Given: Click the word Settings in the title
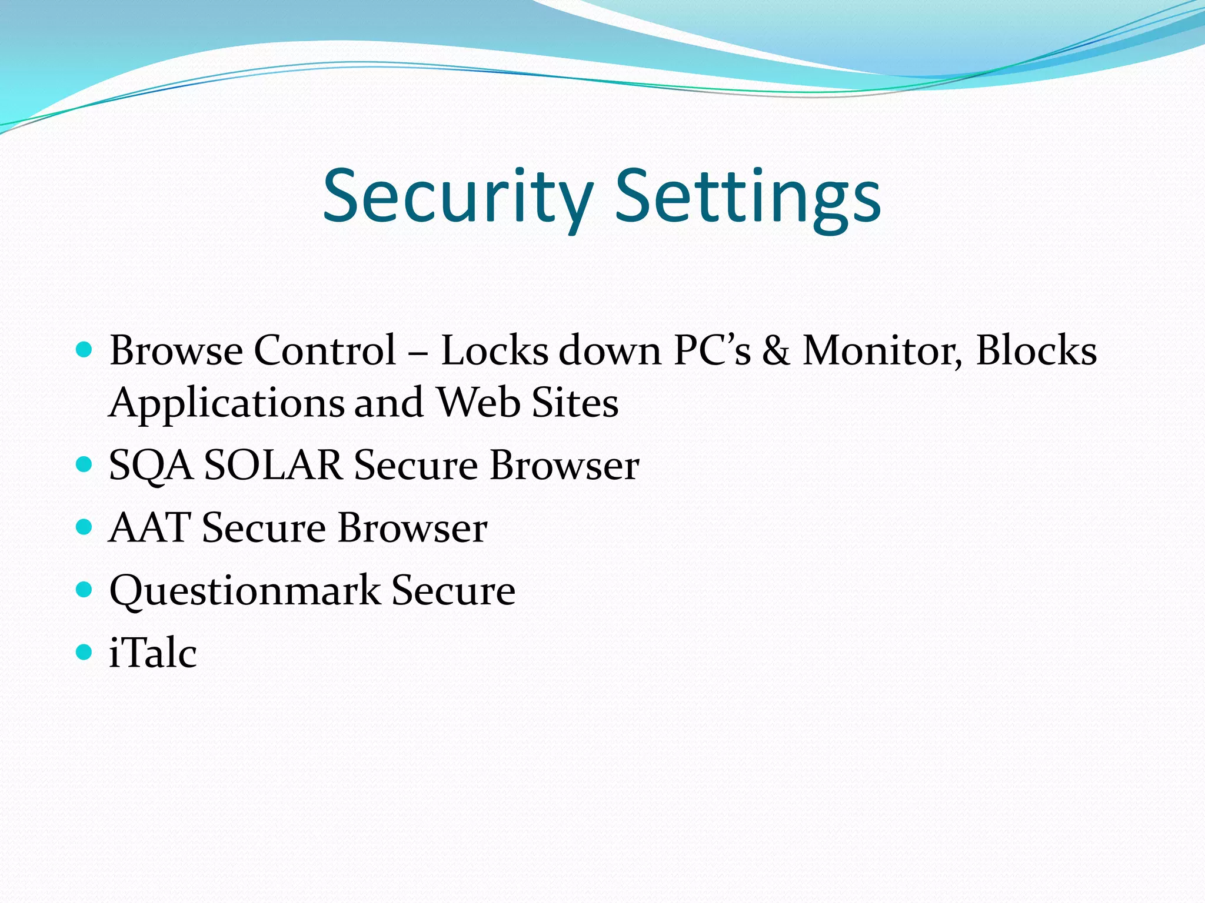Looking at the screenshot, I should coord(747,197).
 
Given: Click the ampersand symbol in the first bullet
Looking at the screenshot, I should coord(776,351).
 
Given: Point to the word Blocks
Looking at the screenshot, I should coord(1036,351).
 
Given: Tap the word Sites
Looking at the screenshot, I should coord(575,403).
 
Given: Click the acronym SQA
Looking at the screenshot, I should coord(151,466).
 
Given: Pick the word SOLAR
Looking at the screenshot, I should coord(273,466).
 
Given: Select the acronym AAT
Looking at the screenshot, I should coord(149,528).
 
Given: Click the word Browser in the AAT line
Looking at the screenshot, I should coord(412,528).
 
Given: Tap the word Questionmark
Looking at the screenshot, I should coord(245,591).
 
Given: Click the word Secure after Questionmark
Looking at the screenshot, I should coord(453,590).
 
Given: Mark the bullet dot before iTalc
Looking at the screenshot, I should coord(85,652).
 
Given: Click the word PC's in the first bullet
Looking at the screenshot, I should coord(712,351).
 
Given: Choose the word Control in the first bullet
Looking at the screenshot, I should coord(325,351).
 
